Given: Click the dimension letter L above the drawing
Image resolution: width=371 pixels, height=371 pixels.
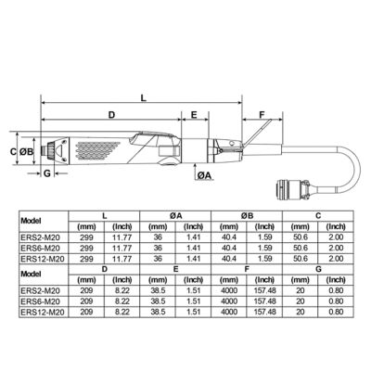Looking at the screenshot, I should tap(142, 96).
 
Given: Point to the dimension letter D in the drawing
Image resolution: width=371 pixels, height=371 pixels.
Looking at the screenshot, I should tap(110, 115).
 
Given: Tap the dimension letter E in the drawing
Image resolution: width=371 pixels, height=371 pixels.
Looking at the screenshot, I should tap(194, 115).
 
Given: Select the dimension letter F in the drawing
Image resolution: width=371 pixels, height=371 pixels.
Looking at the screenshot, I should tap(262, 115).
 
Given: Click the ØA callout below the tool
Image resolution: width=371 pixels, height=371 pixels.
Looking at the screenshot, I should tap(206, 173).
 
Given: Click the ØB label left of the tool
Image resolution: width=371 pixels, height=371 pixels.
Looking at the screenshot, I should tap(27, 149).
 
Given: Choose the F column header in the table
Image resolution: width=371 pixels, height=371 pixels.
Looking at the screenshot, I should tap(248, 268).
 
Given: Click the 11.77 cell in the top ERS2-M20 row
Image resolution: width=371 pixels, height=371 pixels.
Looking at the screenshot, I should tap(122, 237).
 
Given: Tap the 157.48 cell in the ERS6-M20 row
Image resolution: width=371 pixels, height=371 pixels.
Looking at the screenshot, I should tap(265, 301).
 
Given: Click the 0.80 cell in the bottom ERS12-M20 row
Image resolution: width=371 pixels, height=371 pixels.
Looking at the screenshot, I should tap(337, 313).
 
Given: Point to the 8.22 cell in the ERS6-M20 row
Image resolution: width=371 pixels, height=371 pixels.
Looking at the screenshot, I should tap(122, 301).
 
